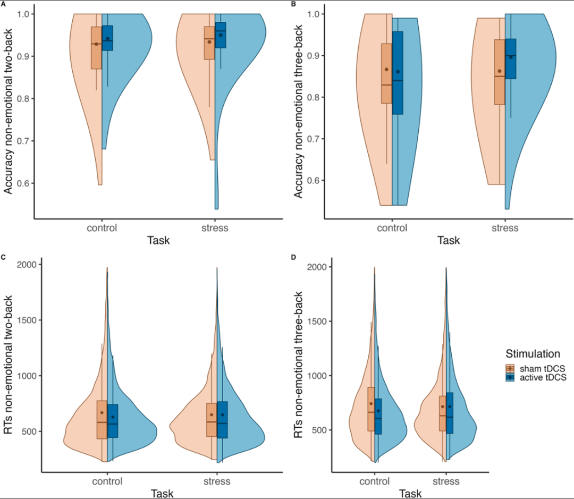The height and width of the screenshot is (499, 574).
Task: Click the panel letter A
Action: [x=4, y=4]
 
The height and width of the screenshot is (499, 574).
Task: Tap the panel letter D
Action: [x=294, y=258]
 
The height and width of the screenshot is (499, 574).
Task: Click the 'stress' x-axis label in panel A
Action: [x=216, y=228]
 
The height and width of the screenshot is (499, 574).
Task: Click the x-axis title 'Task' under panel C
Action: [x=162, y=493]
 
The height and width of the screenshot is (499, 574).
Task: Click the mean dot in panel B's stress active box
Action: [x=511, y=57]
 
